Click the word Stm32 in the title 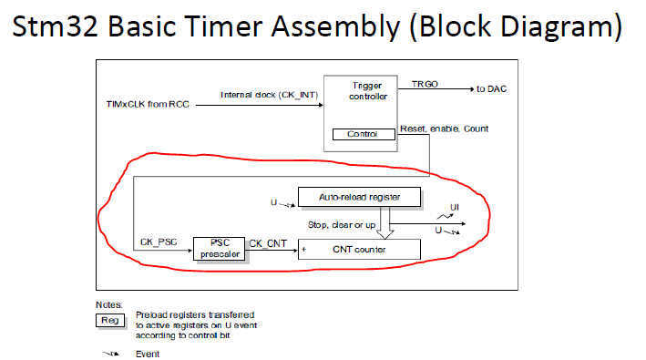[x=55, y=26]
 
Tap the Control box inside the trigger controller [x=364, y=134]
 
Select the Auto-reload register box [x=359, y=197]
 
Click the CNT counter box [x=359, y=249]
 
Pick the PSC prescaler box [x=220, y=249]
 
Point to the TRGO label [x=425, y=84]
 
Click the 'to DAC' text [x=491, y=89]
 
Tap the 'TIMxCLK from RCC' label [x=148, y=104]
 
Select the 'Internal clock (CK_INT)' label [x=270, y=95]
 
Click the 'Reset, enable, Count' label [x=444, y=129]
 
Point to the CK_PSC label [x=159, y=242]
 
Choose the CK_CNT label [x=268, y=243]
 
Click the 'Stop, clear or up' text [x=342, y=225]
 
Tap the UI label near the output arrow [x=455, y=207]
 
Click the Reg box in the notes [x=110, y=321]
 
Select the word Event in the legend [x=148, y=355]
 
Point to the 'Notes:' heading [x=109, y=304]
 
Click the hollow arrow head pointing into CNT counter [x=385, y=234]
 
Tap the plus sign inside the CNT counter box [x=304, y=249]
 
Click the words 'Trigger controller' [x=367, y=91]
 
